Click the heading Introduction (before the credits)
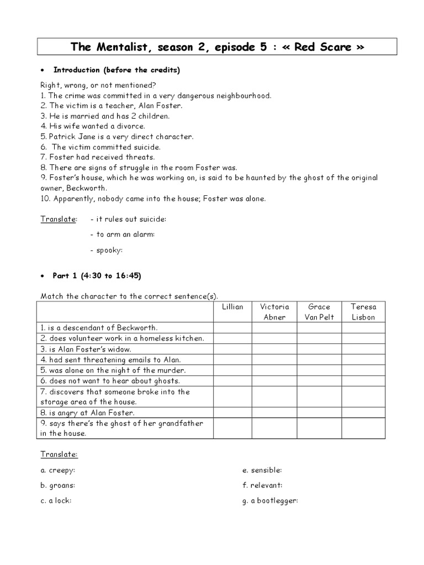coord(116,70)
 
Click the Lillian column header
coord(232,307)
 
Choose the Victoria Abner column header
coord(274,312)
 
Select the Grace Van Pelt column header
coord(319,312)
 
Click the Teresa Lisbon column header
coord(363,312)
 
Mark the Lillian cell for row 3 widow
coord(232,349)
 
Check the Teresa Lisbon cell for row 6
coord(363,381)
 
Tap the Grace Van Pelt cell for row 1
coord(319,328)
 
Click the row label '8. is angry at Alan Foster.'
coord(87,412)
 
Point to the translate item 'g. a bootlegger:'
coord(270,501)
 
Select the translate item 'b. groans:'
coord(57,486)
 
